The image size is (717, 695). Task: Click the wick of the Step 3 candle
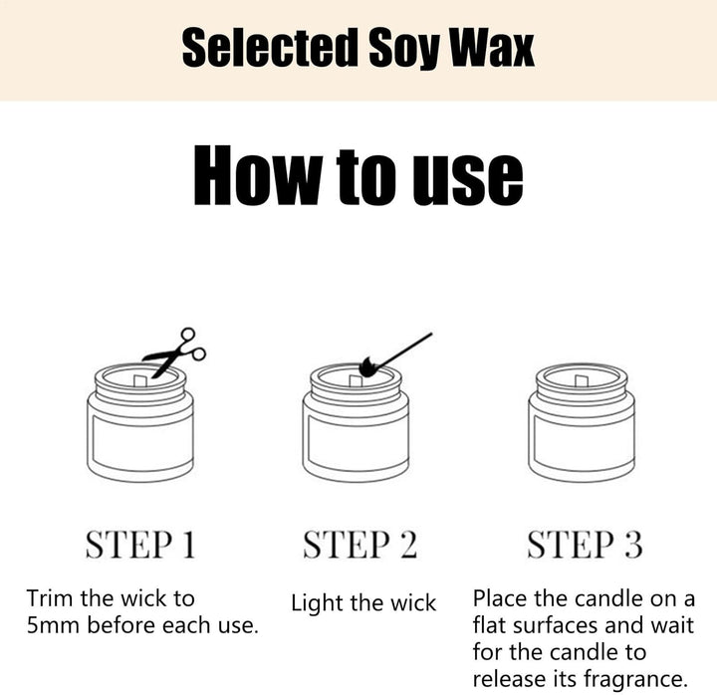(x=581, y=381)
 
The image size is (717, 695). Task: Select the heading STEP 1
(x=140, y=545)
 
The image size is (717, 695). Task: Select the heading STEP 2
(x=359, y=545)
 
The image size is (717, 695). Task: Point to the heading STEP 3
(x=585, y=545)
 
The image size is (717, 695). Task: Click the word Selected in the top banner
(x=270, y=48)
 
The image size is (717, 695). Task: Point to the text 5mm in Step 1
(x=53, y=625)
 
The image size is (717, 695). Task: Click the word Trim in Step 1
(x=50, y=598)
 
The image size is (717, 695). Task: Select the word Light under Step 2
(x=317, y=603)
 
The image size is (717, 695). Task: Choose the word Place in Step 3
(x=500, y=598)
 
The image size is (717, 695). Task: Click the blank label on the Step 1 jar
(x=140, y=439)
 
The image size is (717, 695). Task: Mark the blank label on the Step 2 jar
(x=357, y=440)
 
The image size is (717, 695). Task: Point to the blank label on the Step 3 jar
(x=582, y=440)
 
